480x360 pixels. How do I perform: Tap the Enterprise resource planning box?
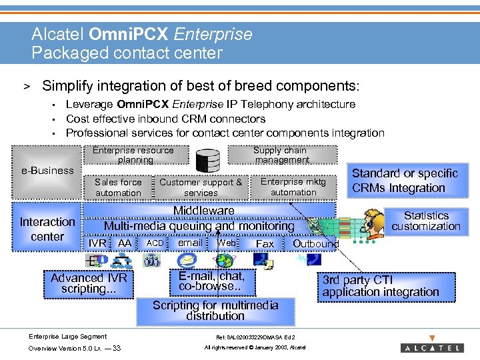(x=133, y=155)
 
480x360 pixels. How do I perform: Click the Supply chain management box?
(x=281, y=155)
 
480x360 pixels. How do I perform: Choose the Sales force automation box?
(x=118, y=187)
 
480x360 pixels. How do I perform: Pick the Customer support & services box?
(x=201, y=187)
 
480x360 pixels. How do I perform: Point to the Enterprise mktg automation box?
(x=293, y=187)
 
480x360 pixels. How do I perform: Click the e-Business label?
(x=47, y=171)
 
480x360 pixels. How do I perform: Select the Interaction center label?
(x=47, y=229)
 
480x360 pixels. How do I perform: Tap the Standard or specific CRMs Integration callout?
(x=405, y=181)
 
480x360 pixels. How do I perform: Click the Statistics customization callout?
(x=426, y=221)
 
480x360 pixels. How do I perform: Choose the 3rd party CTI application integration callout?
(x=380, y=286)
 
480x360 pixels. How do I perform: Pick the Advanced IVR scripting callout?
(x=89, y=283)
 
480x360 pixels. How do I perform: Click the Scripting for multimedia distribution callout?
(x=215, y=310)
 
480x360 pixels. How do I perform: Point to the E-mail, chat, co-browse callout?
(x=211, y=281)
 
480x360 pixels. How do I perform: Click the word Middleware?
(x=203, y=211)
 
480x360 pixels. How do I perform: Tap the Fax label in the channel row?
(x=265, y=244)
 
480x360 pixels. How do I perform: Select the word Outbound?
(x=315, y=244)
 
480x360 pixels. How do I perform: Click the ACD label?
(x=155, y=243)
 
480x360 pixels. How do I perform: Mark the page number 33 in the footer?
(x=117, y=348)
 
